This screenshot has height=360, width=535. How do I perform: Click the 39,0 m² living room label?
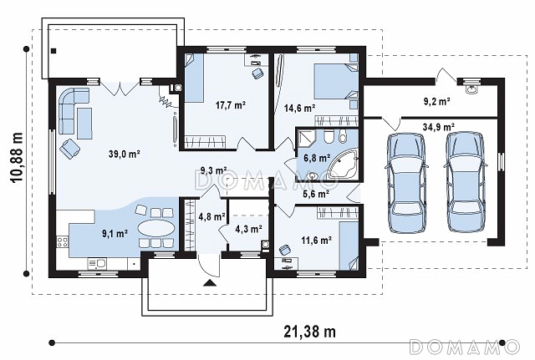point(125,154)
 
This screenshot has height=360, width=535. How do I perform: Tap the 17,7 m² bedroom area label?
point(231,104)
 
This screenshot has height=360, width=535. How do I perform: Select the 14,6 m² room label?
point(299,109)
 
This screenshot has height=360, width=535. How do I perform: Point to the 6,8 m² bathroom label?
point(317,158)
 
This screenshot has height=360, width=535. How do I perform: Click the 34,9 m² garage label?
point(438,127)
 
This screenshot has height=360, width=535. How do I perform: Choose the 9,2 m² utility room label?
point(436,101)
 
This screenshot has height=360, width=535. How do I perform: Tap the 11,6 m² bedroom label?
point(316,241)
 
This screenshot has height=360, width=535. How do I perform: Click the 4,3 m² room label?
point(248,229)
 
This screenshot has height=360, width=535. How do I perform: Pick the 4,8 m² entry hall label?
point(211,216)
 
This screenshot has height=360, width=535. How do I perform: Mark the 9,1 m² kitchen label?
point(115,234)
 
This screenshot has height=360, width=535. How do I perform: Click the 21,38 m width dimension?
point(309,331)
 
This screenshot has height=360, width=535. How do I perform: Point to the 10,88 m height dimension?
point(17,158)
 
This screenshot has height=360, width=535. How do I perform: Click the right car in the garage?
point(466,182)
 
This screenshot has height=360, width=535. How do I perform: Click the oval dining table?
point(156,228)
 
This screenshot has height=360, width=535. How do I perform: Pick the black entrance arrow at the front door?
point(209,282)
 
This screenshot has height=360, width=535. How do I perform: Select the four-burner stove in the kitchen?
point(63,242)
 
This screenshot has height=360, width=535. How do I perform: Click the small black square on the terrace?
point(53,51)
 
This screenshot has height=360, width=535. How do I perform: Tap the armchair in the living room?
point(69,149)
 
